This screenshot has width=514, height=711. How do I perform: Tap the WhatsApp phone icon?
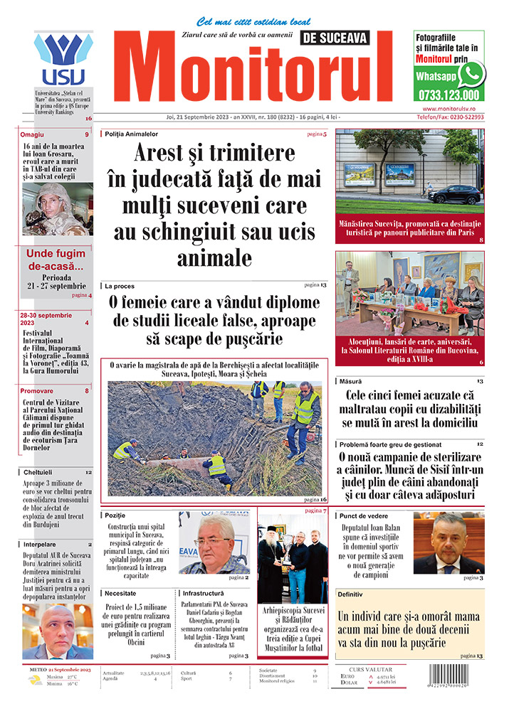pyautogui.click(x=471, y=74)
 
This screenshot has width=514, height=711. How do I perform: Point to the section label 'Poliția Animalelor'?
pyautogui.click(x=132, y=134)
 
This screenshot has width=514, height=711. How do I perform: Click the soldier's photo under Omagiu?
pyautogui.click(x=57, y=209)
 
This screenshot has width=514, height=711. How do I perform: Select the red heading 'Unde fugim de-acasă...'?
pyautogui.click(x=57, y=259)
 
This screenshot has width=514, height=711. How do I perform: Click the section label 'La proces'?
pyautogui.click(x=120, y=286)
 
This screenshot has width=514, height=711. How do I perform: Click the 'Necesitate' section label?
pyautogui.click(x=122, y=592)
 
